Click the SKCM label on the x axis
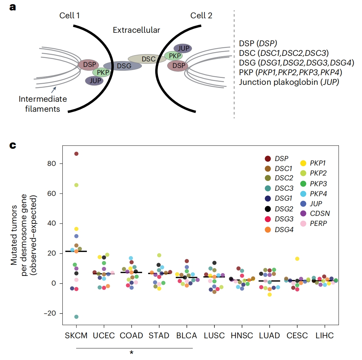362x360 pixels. tap(76, 336)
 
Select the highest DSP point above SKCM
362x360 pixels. tap(76, 154)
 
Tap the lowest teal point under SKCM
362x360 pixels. tap(76, 317)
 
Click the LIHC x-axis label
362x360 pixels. tap(324, 336)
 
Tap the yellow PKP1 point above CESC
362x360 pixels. tap(297, 259)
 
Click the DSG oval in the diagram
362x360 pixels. tap(122, 66)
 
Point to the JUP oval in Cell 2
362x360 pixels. tap(183, 48)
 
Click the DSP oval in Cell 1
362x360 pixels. tap(89, 64)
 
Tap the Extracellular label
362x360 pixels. tap(137, 30)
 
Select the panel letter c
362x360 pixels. tap(13, 146)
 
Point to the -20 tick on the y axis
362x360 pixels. tap(51, 313)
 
